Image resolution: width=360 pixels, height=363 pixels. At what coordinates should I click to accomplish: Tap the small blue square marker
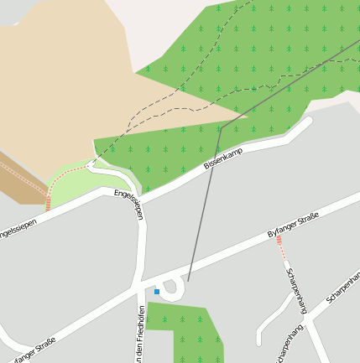157,292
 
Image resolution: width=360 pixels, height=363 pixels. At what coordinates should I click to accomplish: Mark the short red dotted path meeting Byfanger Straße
280,247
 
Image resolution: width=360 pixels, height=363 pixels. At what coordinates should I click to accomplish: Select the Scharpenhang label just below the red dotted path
296,289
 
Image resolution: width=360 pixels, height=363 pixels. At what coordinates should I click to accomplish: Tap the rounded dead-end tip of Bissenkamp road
306,122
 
